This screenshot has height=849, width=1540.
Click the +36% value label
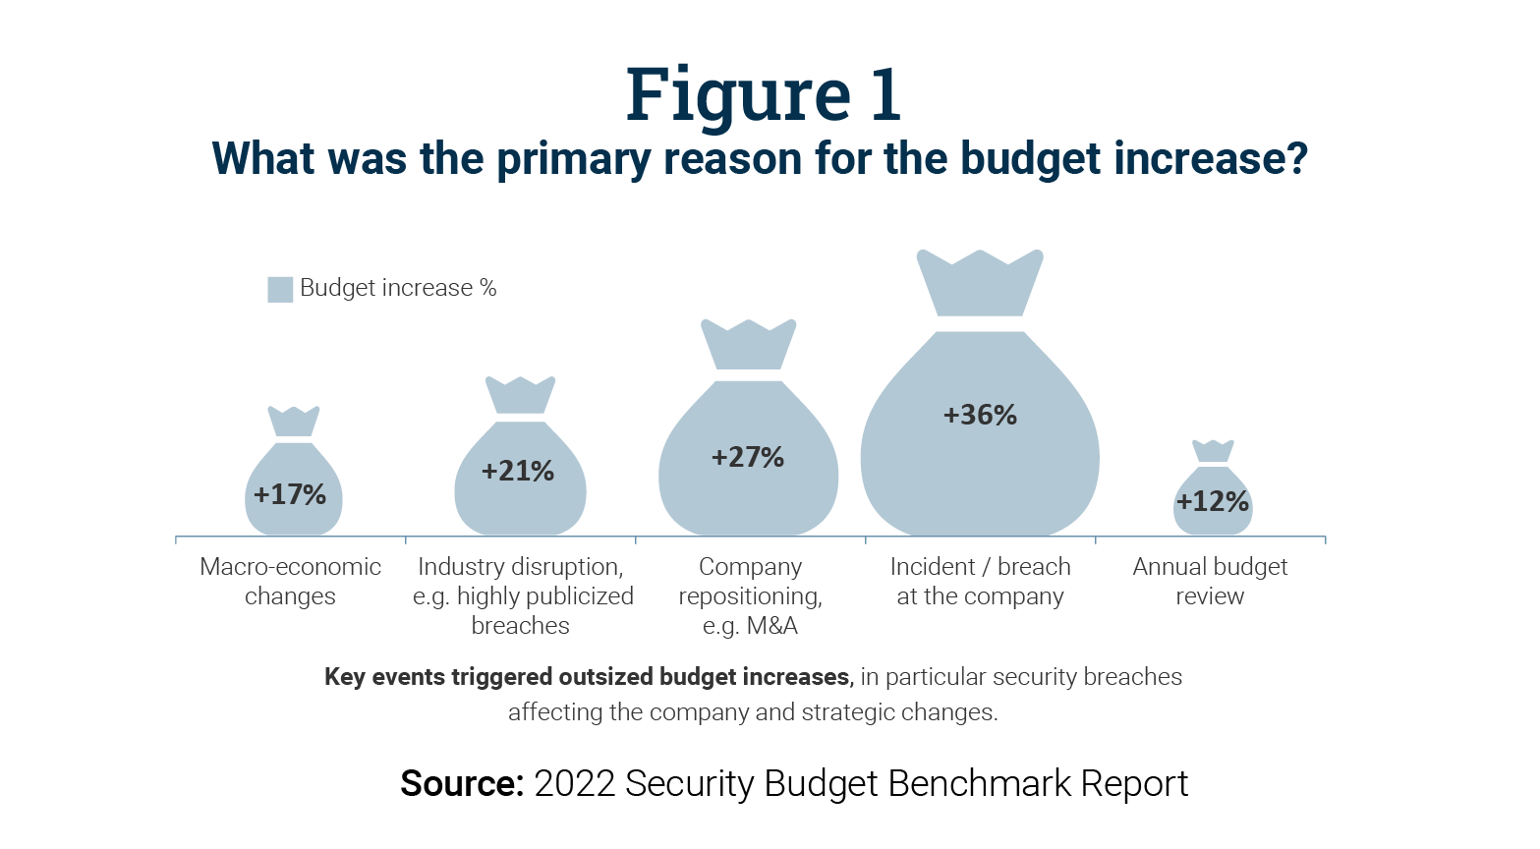point(980,415)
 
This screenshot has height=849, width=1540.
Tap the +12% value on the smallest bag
point(1212,501)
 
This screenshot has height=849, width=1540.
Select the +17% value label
point(290,494)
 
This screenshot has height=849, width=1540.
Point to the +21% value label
point(518,472)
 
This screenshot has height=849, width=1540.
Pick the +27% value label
point(748,457)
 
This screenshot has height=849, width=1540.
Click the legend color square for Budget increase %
point(280,289)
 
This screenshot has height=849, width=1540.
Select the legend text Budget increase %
point(398,288)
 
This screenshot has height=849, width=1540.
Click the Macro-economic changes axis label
point(290,581)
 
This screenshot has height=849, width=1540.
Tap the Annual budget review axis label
point(1210,581)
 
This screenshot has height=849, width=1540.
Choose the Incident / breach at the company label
point(980,581)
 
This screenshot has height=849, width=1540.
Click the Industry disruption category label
point(521,595)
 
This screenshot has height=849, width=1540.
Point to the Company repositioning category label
point(750,595)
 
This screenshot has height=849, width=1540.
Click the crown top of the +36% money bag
point(980,283)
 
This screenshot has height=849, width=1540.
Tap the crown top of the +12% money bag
point(1213,451)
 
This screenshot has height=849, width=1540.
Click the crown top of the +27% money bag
point(749,344)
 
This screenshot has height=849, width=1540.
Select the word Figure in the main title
point(738,95)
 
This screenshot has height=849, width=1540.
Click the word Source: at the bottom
point(461,783)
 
